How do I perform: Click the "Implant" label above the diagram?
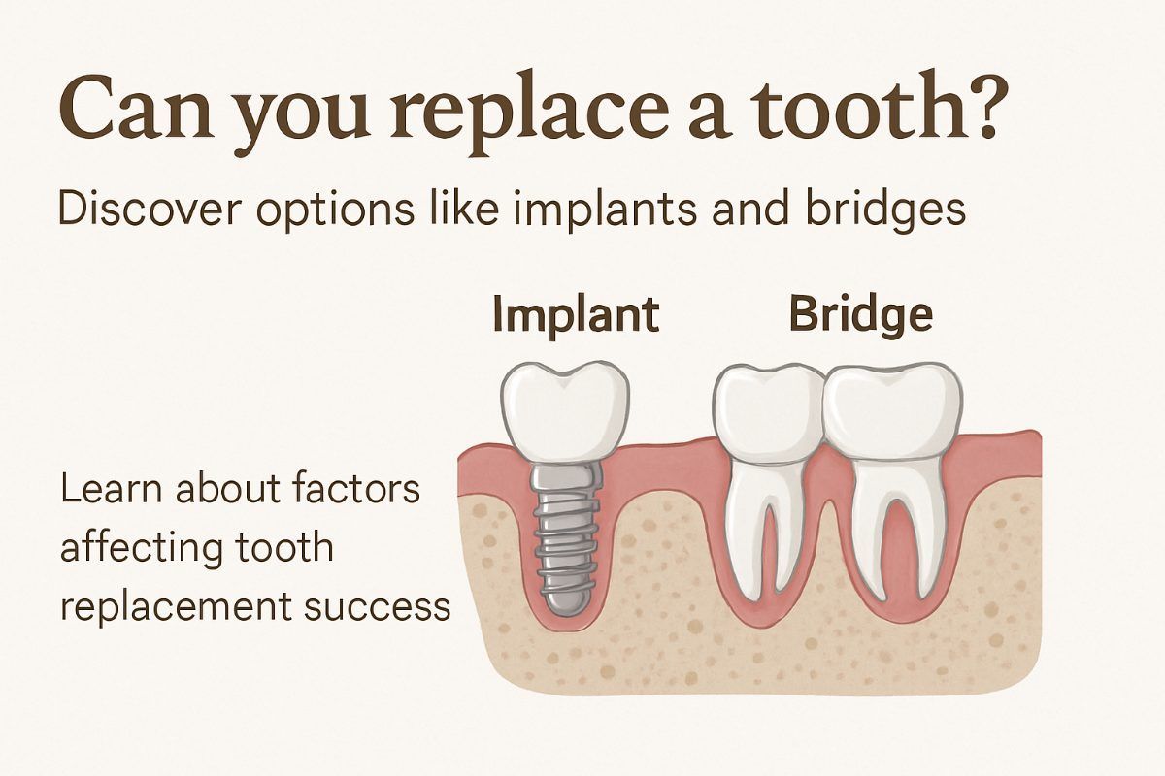(575, 315)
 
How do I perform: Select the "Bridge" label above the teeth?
(860, 315)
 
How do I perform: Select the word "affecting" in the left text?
(138, 549)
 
